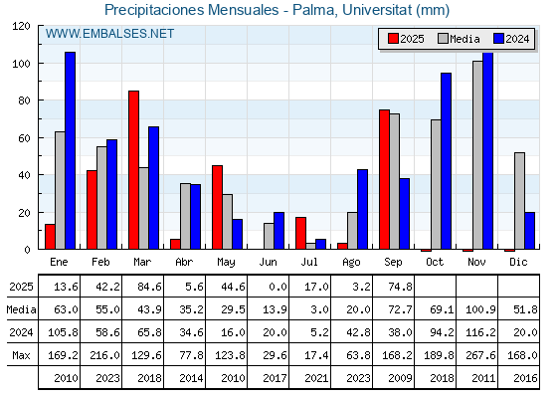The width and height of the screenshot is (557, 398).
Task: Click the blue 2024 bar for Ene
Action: point(70,150)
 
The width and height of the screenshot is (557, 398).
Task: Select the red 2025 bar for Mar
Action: point(134,170)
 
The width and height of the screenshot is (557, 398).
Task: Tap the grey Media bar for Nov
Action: point(477,155)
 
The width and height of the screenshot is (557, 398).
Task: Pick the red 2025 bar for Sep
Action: point(384,179)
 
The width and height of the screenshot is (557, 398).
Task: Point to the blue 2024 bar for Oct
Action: point(447,161)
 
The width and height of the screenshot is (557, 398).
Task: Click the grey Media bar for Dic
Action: point(519,201)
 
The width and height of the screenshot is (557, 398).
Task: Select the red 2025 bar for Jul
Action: point(300,233)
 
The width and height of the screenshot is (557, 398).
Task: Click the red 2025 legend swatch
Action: point(393,39)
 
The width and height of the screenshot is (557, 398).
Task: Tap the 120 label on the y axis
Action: point(21,26)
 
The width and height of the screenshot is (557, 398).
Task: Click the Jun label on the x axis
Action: point(268,263)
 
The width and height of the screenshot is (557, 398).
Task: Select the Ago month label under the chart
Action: point(351,263)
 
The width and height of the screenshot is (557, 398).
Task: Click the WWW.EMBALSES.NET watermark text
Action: point(109,34)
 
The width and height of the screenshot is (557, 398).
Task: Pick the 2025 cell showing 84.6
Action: point(149,287)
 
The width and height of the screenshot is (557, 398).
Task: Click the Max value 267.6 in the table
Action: point(480,355)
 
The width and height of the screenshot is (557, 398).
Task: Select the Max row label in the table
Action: point(21,355)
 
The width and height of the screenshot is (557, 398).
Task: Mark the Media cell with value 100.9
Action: point(480,309)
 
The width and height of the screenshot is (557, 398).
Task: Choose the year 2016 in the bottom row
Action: point(525,378)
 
